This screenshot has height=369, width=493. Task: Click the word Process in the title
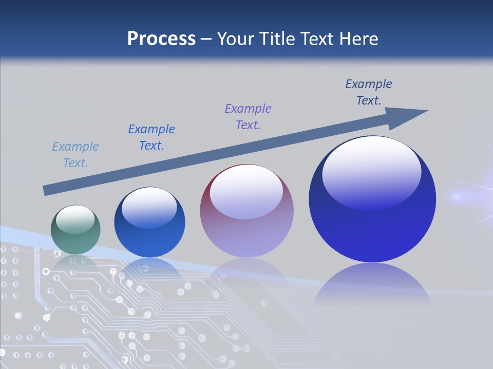(161, 38)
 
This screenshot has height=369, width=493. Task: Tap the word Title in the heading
(276, 38)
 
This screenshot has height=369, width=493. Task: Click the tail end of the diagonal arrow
(45, 191)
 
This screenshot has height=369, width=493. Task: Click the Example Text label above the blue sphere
(151, 137)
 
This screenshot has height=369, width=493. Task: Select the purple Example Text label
(248, 116)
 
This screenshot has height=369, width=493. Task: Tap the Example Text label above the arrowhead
(369, 92)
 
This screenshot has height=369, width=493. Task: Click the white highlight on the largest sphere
(372, 169)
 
